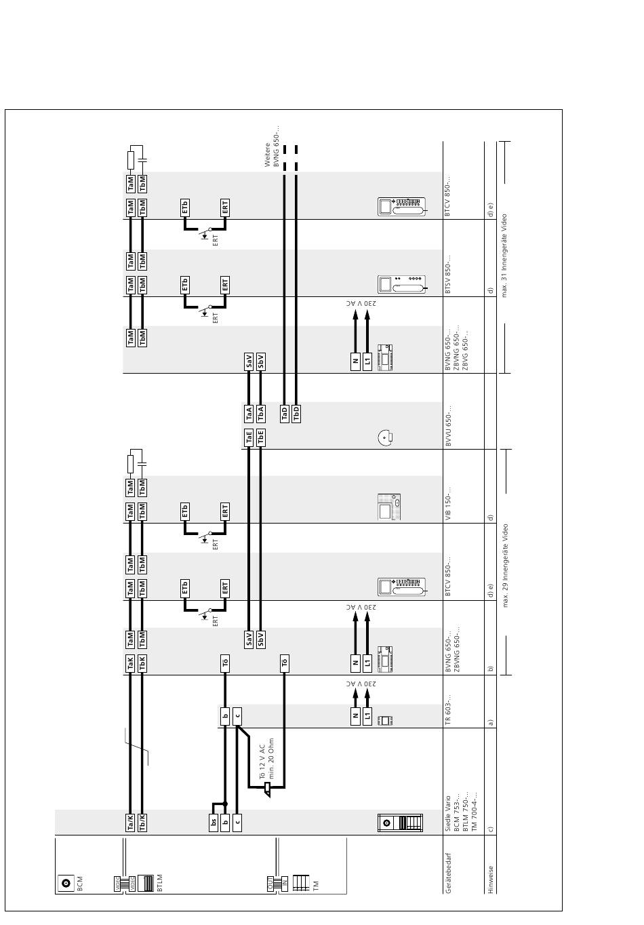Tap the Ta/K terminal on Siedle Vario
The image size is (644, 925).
click(130, 822)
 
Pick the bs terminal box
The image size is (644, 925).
click(213, 822)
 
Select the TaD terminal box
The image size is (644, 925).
click(285, 412)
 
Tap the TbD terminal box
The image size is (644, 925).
click(296, 412)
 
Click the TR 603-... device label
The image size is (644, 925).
click(448, 709)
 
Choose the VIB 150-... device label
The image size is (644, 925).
click(448, 503)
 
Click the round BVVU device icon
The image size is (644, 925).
click(385, 437)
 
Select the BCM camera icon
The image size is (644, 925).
click(66, 883)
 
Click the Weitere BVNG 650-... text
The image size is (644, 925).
click(272, 146)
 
